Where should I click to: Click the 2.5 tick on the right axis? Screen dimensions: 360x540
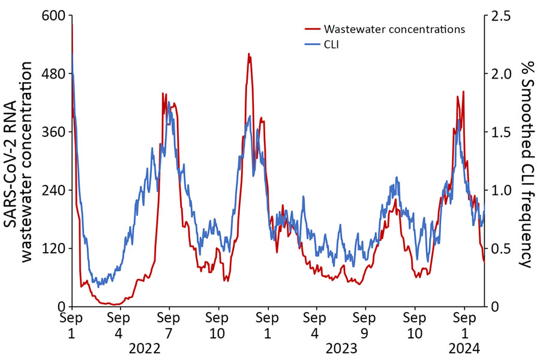point(500,16)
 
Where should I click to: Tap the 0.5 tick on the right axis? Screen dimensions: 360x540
point(500,248)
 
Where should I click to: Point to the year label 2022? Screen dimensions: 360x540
point(144,349)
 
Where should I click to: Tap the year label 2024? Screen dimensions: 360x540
point(463,349)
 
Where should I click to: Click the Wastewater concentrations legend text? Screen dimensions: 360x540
point(394,28)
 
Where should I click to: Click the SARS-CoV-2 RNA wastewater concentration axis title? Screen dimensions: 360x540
point(22,162)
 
